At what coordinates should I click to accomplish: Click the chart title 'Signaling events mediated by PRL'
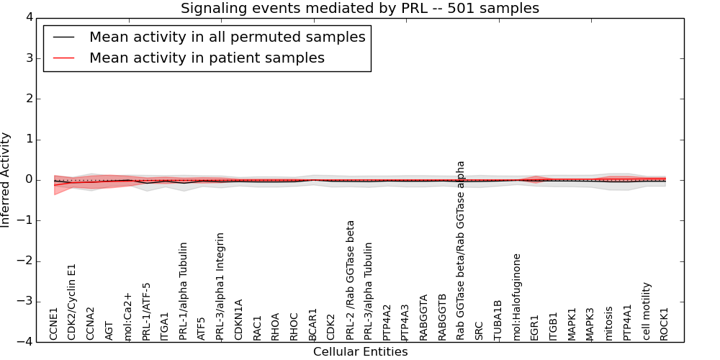(359, 9)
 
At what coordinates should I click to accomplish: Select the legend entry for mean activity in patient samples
(207, 58)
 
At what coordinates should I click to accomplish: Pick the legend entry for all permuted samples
(227, 37)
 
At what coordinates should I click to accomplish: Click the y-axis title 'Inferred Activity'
(6, 180)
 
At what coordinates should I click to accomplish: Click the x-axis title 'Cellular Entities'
(360, 351)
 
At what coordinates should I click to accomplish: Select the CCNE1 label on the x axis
(54, 323)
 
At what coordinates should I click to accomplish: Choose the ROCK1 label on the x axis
(665, 323)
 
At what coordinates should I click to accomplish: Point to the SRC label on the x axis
(480, 330)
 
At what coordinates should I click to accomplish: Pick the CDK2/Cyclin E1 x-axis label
(72, 301)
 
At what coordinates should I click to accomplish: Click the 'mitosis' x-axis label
(609, 323)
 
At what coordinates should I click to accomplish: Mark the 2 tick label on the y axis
(29, 99)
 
